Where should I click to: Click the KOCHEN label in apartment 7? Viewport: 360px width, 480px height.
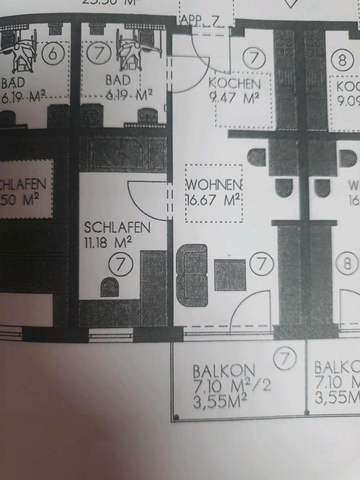coord(234,83)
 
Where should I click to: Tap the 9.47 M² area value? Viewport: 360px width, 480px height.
coord(234,96)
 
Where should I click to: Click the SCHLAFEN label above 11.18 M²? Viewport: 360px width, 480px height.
coord(117,228)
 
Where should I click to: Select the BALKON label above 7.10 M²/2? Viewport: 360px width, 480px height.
coord(224,372)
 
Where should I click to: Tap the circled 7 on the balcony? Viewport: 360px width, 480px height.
coord(286,358)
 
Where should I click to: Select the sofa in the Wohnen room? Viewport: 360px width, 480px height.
coord(192,274)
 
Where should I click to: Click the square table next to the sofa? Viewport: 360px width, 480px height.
coord(230,274)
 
